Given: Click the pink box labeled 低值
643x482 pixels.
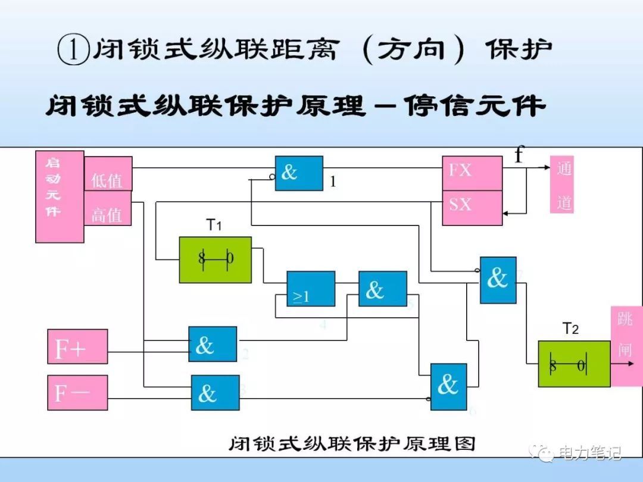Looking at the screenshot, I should point(108,174).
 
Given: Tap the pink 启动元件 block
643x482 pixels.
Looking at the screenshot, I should point(60,196).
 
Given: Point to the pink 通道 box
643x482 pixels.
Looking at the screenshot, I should point(562,184).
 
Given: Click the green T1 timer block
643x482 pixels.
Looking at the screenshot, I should point(216,259).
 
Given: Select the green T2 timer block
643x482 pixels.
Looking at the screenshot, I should point(574,364).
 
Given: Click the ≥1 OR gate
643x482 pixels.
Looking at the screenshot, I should point(311,289).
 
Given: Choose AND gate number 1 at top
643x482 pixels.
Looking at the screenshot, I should point(299,173).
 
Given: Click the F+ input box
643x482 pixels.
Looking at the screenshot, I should point(77,346).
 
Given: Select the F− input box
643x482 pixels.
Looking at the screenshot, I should point(77,393).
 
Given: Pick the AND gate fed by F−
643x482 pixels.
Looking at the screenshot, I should point(215,392).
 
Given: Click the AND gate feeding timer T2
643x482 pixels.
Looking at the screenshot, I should point(498,280).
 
